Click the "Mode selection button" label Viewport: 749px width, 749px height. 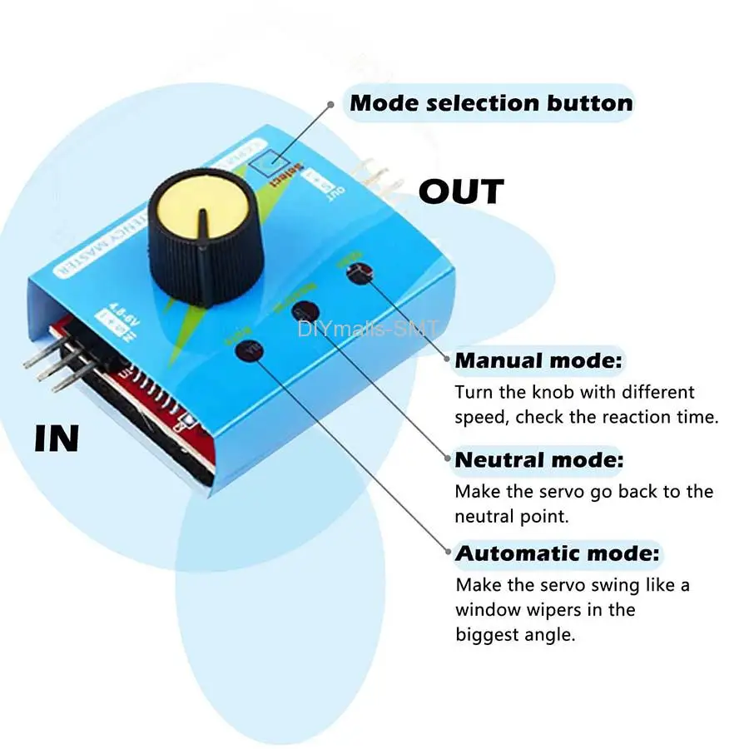[491, 103]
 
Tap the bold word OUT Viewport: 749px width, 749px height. [461, 192]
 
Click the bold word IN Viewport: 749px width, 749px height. [57, 439]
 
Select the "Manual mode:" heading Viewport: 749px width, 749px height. [538, 361]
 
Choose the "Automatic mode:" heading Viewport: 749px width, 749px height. [558, 553]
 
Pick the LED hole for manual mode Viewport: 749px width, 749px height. [359, 272]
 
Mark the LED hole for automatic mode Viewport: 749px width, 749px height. [246, 350]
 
